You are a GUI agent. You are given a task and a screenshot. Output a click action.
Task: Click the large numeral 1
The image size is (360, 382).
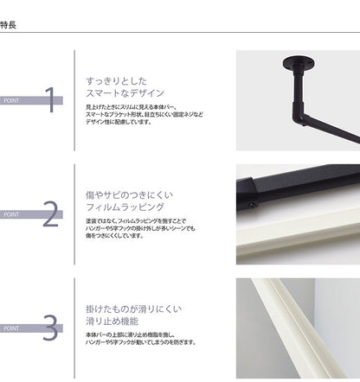click(x=50, y=100)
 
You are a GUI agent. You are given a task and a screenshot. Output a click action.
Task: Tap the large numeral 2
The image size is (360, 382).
click(x=50, y=214)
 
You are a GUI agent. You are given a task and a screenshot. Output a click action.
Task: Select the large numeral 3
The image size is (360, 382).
click(x=50, y=328)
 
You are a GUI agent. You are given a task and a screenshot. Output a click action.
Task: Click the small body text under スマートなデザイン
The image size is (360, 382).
click(x=143, y=112)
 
